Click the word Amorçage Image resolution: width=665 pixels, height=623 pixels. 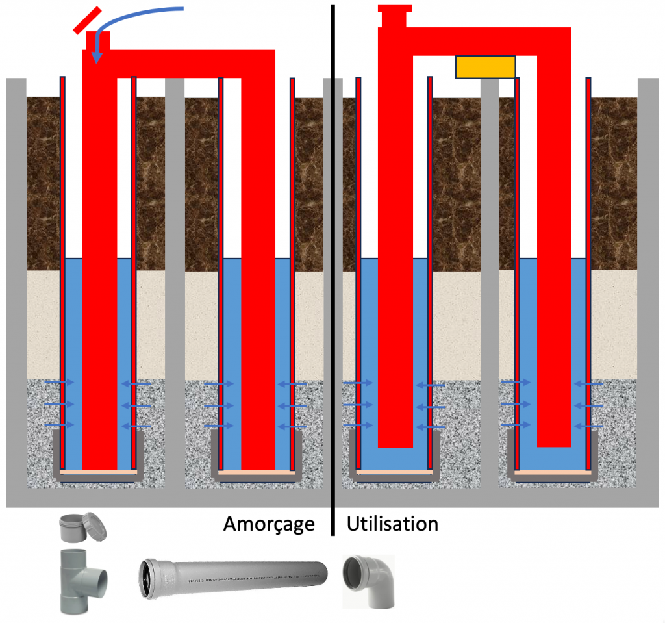pyautogui.click(x=269, y=524)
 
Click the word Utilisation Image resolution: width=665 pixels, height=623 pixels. pyautogui.click(x=392, y=524)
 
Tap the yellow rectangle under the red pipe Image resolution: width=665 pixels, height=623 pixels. pyautogui.click(x=485, y=67)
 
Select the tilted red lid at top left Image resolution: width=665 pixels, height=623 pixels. pyautogui.click(x=86, y=19)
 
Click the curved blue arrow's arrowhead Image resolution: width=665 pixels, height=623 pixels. pyautogui.click(x=97, y=58)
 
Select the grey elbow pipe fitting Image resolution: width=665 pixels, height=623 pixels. pyautogui.click(x=368, y=581)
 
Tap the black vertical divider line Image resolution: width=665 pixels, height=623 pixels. pyautogui.click(x=333, y=260)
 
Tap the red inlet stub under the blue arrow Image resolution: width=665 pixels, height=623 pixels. pyautogui.click(x=98, y=40)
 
